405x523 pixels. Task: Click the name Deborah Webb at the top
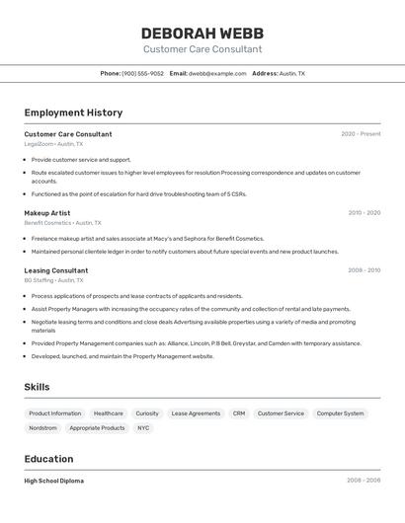[x=202, y=32]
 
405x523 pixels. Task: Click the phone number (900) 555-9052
[x=142, y=73]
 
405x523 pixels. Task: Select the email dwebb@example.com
[x=217, y=73]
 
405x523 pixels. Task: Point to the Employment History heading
[x=73, y=112]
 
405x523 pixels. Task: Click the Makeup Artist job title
[x=47, y=212]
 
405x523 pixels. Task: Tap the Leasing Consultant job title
[x=56, y=269]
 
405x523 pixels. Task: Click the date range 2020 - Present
[x=361, y=134]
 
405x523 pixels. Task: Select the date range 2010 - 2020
[x=364, y=212]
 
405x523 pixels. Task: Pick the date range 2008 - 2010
[x=364, y=269]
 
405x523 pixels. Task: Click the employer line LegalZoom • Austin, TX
[x=53, y=144]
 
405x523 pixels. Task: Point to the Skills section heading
[x=37, y=387]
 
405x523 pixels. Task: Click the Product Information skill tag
[x=55, y=413]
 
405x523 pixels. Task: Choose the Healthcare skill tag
[x=109, y=413]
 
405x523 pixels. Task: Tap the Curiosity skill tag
[x=147, y=413]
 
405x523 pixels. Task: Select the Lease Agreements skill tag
[x=196, y=413]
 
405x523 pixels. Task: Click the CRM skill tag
[x=239, y=413]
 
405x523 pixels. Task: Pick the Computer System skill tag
[x=340, y=413]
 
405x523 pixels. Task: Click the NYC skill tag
[x=143, y=428]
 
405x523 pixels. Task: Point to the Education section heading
[x=48, y=459]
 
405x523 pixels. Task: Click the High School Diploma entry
[x=54, y=481]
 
